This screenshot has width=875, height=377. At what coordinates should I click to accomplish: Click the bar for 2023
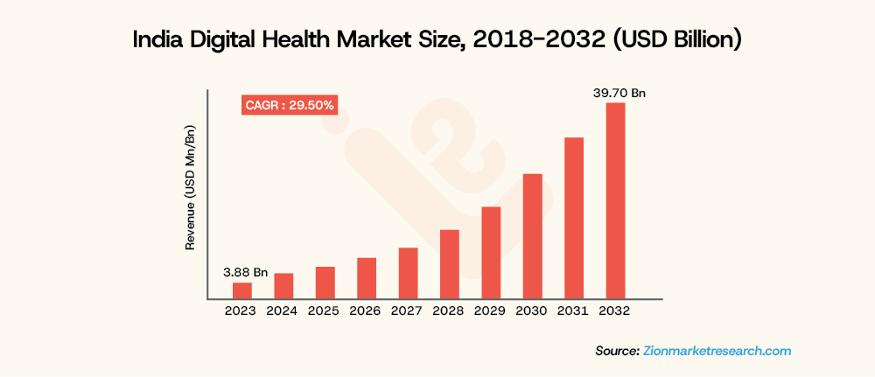pyautogui.click(x=241, y=291)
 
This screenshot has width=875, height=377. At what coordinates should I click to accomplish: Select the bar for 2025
pyautogui.click(x=325, y=283)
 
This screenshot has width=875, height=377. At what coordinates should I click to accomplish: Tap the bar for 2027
pyautogui.click(x=408, y=274)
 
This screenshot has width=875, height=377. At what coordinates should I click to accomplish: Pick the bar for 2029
pyautogui.click(x=491, y=254)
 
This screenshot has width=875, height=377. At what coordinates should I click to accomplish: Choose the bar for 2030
pyautogui.click(x=532, y=237)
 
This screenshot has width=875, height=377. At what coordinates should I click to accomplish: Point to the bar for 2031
pyautogui.click(x=574, y=219)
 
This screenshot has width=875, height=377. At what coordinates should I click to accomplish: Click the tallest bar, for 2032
pyautogui.click(x=615, y=201)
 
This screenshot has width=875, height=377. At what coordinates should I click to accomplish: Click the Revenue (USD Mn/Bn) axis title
pyautogui.click(x=190, y=187)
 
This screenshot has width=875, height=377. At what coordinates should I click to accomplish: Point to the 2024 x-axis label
pyautogui.click(x=283, y=311)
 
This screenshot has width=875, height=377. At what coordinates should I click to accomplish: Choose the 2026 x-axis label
pyautogui.click(x=367, y=311)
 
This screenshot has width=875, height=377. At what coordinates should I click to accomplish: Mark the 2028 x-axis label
pyautogui.click(x=450, y=311)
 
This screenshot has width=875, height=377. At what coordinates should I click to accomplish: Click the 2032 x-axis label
pyautogui.click(x=615, y=311)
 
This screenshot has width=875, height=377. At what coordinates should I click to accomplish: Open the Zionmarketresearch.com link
pyautogui.click(x=717, y=351)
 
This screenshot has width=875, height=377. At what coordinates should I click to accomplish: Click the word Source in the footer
pyautogui.click(x=616, y=351)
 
